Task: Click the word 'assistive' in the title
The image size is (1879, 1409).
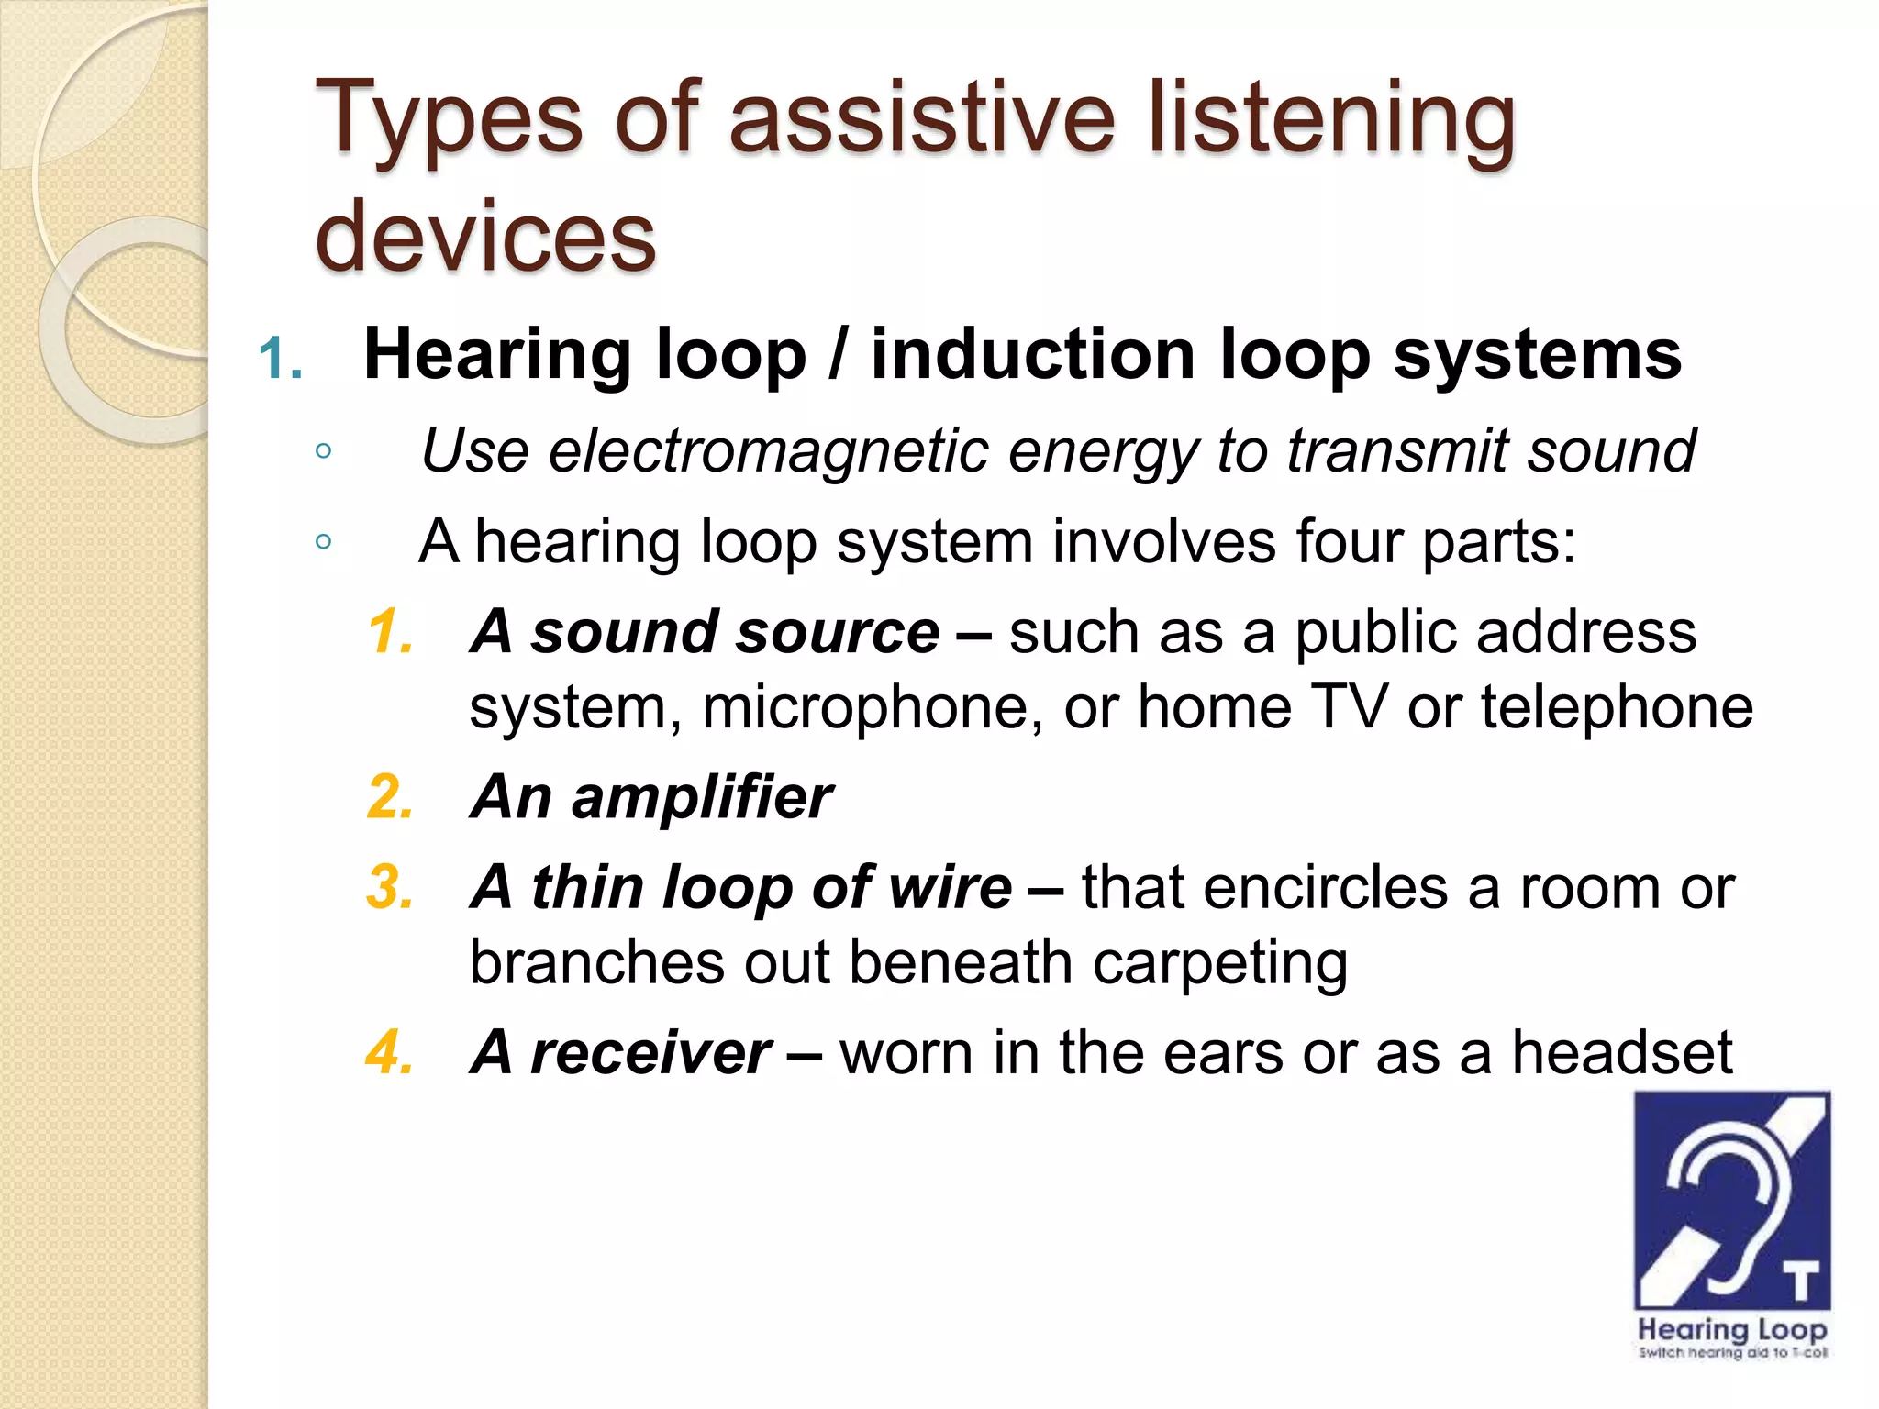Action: [x=921, y=119]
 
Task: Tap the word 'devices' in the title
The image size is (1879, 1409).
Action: [x=485, y=237]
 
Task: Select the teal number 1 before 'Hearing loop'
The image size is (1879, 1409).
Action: [x=279, y=359]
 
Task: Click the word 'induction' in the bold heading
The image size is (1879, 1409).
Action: [x=1033, y=355]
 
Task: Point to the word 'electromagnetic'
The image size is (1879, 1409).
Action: [x=770, y=451]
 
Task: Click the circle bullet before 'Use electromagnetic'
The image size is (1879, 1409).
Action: [x=323, y=451]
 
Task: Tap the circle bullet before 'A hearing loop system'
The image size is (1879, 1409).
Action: [x=323, y=542]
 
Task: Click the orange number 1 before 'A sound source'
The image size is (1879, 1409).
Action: [x=389, y=633]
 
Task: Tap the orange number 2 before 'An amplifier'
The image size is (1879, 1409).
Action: [x=389, y=796]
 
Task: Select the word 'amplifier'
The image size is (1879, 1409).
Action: [x=702, y=796]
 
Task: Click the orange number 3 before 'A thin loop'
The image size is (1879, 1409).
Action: [x=389, y=888]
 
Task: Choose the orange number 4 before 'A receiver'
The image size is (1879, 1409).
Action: [x=389, y=1052]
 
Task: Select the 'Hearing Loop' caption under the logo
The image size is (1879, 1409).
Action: [x=1732, y=1329]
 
